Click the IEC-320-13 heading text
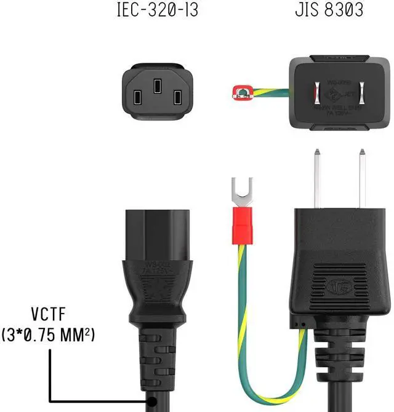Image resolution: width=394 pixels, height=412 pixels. (x=158, y=10)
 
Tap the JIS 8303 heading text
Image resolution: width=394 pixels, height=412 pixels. (x=329, y=10)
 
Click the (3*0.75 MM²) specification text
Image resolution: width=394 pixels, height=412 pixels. (x=49, y=336)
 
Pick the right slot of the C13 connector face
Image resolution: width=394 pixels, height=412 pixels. (x=177, y=97)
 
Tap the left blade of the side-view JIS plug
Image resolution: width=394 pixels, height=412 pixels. (x=318, y=178)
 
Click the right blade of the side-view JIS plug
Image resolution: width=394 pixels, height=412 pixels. (x=362, y=178)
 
